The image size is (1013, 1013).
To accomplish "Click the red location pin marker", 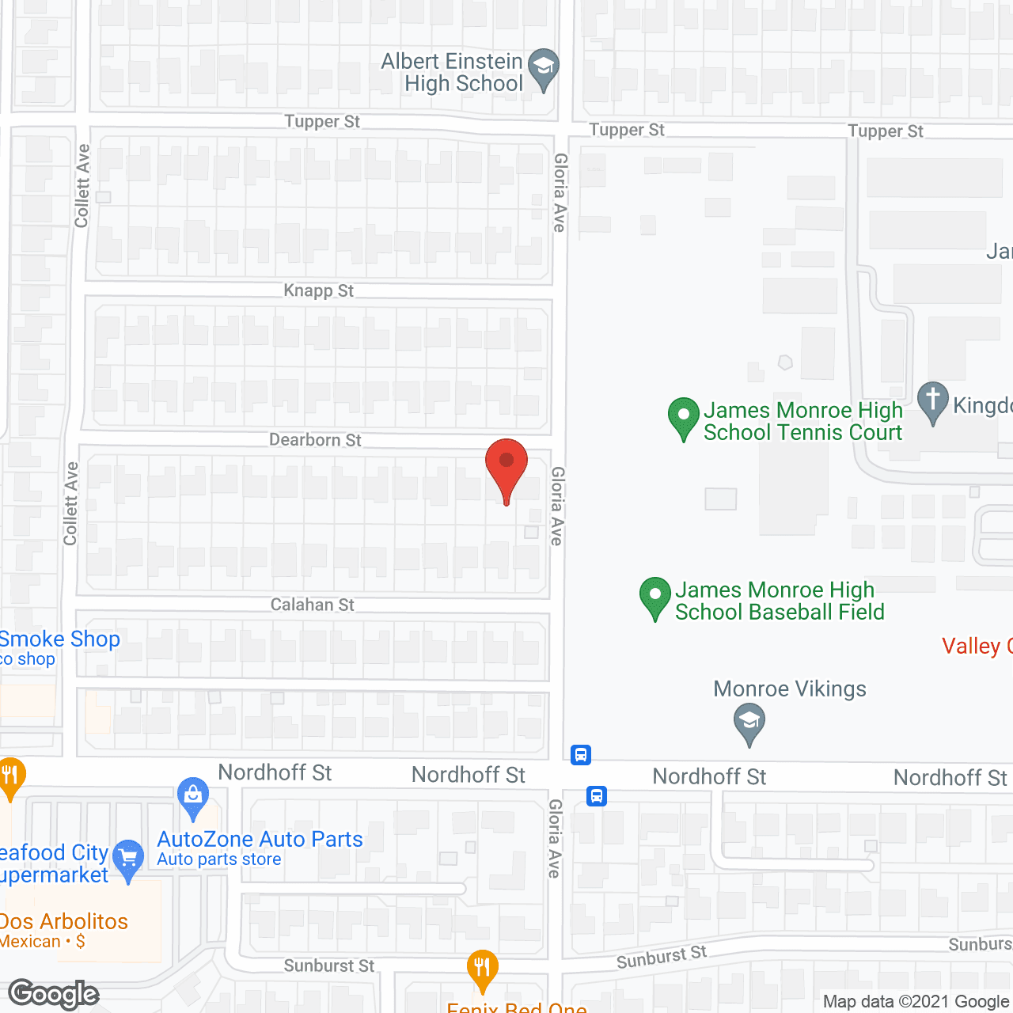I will [x=506, y=467].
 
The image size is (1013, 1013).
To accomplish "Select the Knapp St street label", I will [x=318, y=290].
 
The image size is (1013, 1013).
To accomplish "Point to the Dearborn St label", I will [x=315, y=440].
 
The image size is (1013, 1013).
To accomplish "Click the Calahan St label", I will [x=312, y=605].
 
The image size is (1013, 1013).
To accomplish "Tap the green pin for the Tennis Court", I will [x=683, y=416].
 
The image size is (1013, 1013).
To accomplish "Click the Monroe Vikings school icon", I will [x=749, y=723].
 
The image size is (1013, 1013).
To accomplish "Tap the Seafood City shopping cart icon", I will [x=128, y=858].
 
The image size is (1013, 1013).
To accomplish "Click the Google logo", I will [x=54, y=995].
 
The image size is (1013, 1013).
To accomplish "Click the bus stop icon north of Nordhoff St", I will [x=581, y=754].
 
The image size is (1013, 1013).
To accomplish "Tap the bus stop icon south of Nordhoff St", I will [x=598, y=795].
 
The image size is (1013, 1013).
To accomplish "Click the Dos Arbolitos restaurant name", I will [x=63, y=922].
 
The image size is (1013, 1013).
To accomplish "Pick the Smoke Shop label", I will [x=60, y=639].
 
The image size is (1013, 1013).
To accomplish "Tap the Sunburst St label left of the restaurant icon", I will [x=329, y=966].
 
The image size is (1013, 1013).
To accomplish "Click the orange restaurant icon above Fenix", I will [x=482, y=968].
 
